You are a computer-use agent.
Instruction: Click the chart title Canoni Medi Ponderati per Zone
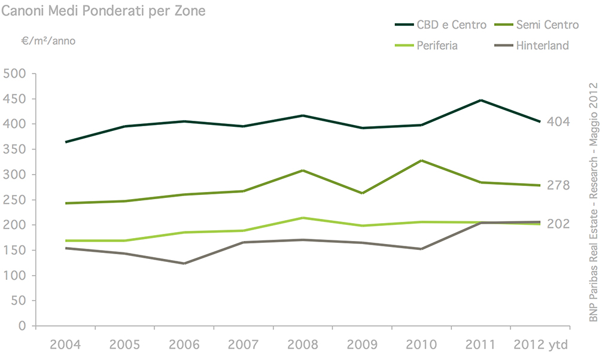tap(104, 11)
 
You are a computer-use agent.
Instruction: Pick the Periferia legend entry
tap(437, 45)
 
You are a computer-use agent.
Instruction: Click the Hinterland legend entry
tap(542, 45)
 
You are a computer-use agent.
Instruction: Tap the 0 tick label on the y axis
tap(22, 326)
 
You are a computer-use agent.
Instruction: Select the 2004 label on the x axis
tap(65, 345)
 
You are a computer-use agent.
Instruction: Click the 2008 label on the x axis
tap(303, 345)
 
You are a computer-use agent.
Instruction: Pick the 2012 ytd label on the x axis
tap(540, 345)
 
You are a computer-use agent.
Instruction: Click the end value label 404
tap(558, 122)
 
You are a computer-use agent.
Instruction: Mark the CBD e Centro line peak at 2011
tap(481, 100)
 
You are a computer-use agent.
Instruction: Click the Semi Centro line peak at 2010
tap(421, 160)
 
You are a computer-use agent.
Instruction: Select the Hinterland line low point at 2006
tap(184, 263)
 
